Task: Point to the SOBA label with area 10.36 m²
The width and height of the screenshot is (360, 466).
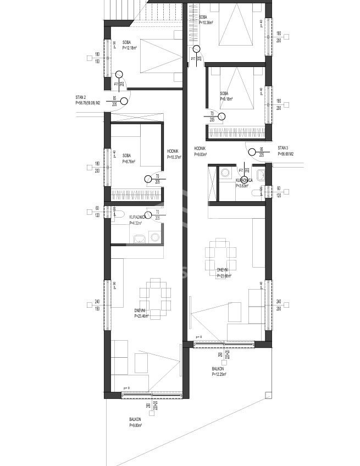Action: [x=207, y=20]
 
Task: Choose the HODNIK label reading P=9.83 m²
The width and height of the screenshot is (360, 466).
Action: [x=200, y=152]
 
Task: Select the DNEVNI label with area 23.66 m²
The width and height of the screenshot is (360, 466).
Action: [x=223, y=273]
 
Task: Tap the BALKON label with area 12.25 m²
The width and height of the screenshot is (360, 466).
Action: [x=219, y=371]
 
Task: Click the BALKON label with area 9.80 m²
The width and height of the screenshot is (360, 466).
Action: [x=135, y=422]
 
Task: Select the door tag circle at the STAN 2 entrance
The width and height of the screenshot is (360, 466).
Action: [x=124, y=100]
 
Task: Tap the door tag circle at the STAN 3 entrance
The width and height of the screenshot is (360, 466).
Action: [x=251, y=152]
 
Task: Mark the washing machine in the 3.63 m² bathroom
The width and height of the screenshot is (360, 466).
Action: [x=225, y=174]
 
